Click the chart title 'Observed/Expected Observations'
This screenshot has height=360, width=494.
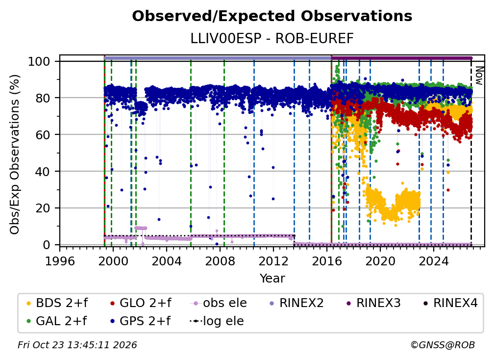pyautogui.click(x=272, y=16)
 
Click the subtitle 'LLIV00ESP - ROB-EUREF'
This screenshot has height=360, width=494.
pyautogui.click(x=272, y=38)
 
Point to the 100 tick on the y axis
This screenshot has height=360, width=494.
pyautogui.click(x=43, y=61)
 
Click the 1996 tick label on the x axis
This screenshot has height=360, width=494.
pyautogui.click(x=60, y=261)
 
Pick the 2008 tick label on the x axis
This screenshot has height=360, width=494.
pyautogui.click(x=220, y=261)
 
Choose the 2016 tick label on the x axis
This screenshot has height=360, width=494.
pyautogui.click(x=327, y=261)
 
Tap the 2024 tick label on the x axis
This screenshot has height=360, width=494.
pyautogui.click(x=434, y=261)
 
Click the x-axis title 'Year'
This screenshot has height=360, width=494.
pyautogui.click(x=272, y=279)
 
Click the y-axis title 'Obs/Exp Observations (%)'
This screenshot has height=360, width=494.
pyautogui.click(x=15, y=154)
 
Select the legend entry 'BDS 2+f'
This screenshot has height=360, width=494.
pyautogui.click(x=57, y=303)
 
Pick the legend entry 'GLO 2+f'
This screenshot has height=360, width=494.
pyautogui.click(x=141, y=303)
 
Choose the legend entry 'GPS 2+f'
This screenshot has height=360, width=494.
pyautogui.click(x=140, y=321)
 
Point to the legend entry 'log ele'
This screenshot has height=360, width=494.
pyautogui.click(x=217, y=321)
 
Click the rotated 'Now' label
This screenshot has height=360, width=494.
pyautogui.click(x=479, y=76)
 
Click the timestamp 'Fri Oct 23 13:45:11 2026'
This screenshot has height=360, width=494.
pyautogui.click(x=77, y=345)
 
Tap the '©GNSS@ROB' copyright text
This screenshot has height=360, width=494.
pyautogui.click(x=443, y=345)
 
